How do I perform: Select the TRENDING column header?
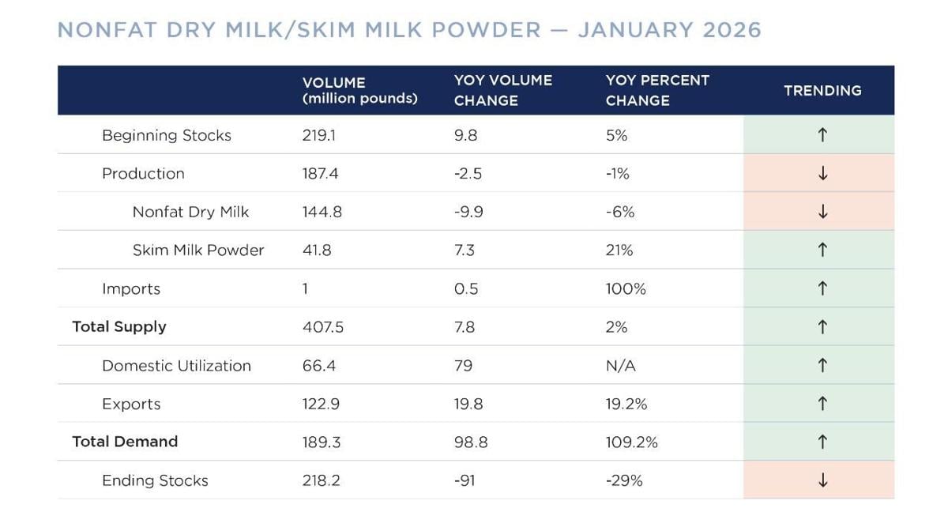click(x=822, y=91)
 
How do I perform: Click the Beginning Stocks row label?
click(x=167, y=135)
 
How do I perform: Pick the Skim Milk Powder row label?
click(x=198, y=250)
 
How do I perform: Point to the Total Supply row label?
click(x=119, y=327)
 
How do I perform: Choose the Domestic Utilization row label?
click(x=176, y=366)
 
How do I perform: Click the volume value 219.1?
click(x=318, y=135)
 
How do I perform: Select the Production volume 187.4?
click(x=320, y=174)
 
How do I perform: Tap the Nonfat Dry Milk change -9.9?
click(x=468, y=212)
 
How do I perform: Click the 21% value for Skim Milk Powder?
click(x=619, y=250)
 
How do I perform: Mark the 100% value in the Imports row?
click(x=626, y=289)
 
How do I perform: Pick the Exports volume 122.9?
click(x=320, y=404)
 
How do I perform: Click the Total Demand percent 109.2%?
click(x=631, y=442)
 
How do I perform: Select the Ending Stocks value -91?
click(x=465, y=480)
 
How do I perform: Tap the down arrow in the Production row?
click(x=822, y=174)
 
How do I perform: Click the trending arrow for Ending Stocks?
click(x=822, y=480)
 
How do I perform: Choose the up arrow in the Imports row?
click(x=822, y=289)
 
